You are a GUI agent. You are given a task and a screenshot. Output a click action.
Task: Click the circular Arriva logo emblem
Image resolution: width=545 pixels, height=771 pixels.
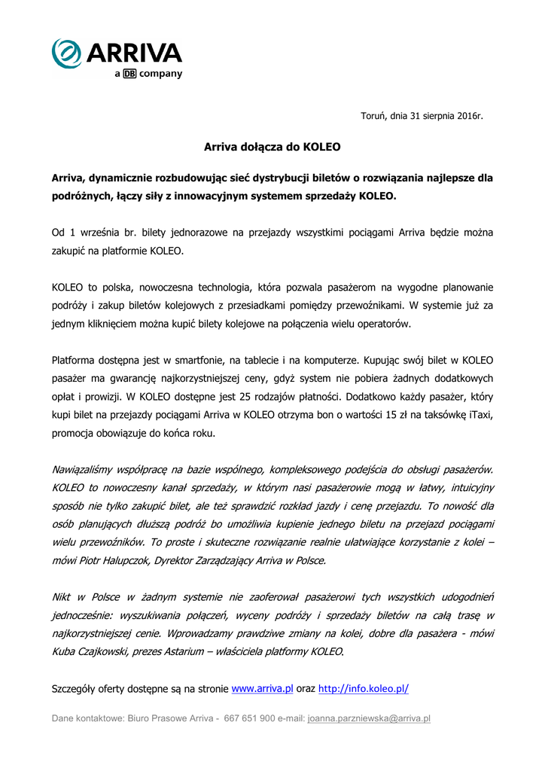tap(67, 53)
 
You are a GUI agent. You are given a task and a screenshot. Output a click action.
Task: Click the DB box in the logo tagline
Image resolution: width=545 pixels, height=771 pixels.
tap(129, 74)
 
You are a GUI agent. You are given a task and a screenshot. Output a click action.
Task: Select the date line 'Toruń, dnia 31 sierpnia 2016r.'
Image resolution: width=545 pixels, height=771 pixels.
tap(422, 116)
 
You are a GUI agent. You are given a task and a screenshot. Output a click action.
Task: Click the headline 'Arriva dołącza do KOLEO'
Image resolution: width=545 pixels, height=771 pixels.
tap(272, 147)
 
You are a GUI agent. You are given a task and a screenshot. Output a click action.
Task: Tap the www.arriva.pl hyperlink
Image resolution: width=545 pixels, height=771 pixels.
tap(262, 688)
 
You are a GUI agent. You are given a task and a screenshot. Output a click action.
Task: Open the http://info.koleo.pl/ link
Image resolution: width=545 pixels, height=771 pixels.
tap(364, 688)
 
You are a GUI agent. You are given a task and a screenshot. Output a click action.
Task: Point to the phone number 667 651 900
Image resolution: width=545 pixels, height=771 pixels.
tap(249, 718)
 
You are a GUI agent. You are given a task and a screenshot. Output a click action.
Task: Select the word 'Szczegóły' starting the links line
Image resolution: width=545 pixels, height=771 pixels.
tap(75, 688)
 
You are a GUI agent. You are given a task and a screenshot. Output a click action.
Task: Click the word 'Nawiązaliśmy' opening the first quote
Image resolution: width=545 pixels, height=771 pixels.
tap(85, 469)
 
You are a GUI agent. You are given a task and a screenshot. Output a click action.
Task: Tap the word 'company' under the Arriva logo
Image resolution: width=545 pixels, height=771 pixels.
tap(160, 74)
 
